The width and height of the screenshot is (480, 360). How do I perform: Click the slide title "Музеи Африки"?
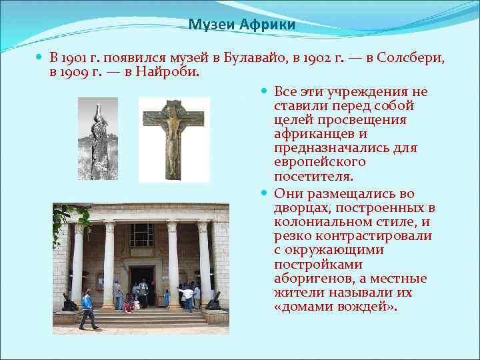coord(241,25)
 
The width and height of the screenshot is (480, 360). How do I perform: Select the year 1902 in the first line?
coord(319,58)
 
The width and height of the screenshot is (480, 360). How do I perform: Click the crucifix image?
coord(174,139)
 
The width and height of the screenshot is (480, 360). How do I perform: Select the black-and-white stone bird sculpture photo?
coord(98,139)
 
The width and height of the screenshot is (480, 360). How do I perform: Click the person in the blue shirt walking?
coord(87,309)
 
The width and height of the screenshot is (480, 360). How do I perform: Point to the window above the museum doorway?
coord(141,235)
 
